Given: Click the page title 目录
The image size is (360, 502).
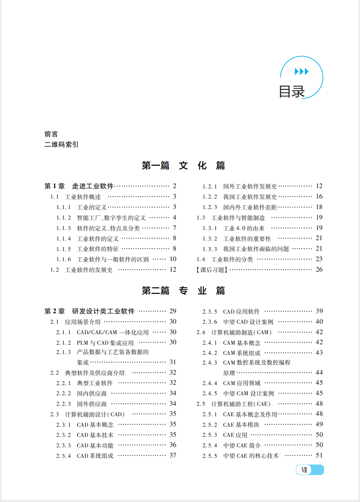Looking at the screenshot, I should [292, 92].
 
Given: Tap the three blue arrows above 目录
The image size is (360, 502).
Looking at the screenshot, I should [301, 72].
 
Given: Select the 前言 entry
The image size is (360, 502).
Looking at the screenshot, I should [51, 134].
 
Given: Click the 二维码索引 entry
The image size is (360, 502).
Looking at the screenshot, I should [61, 145].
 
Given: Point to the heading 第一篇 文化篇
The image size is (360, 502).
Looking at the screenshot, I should [183, 166].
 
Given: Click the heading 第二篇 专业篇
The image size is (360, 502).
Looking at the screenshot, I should [183, 291].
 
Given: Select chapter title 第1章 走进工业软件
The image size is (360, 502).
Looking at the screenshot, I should [79, 186].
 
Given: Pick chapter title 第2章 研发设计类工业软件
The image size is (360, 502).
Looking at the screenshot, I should [90, 311].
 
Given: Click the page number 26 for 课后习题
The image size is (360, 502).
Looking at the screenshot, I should [319, 269].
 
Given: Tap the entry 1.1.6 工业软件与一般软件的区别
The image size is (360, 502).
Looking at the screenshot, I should [112, 259].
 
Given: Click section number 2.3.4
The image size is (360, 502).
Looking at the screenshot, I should [63, 456].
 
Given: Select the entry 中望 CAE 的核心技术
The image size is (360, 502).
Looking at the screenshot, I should [251, 456].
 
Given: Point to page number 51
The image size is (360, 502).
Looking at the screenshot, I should [319, 455].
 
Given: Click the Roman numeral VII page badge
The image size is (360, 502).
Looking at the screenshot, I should [304, 470].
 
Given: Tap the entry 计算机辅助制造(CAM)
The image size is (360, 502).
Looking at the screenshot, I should [241, 332].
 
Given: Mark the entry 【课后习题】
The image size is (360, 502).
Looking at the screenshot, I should [212, 270].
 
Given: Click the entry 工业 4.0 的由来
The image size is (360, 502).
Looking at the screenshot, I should [244, 228].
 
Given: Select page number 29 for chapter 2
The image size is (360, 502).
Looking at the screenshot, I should [173, 311].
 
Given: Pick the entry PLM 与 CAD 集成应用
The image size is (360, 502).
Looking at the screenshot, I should [105, 343].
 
